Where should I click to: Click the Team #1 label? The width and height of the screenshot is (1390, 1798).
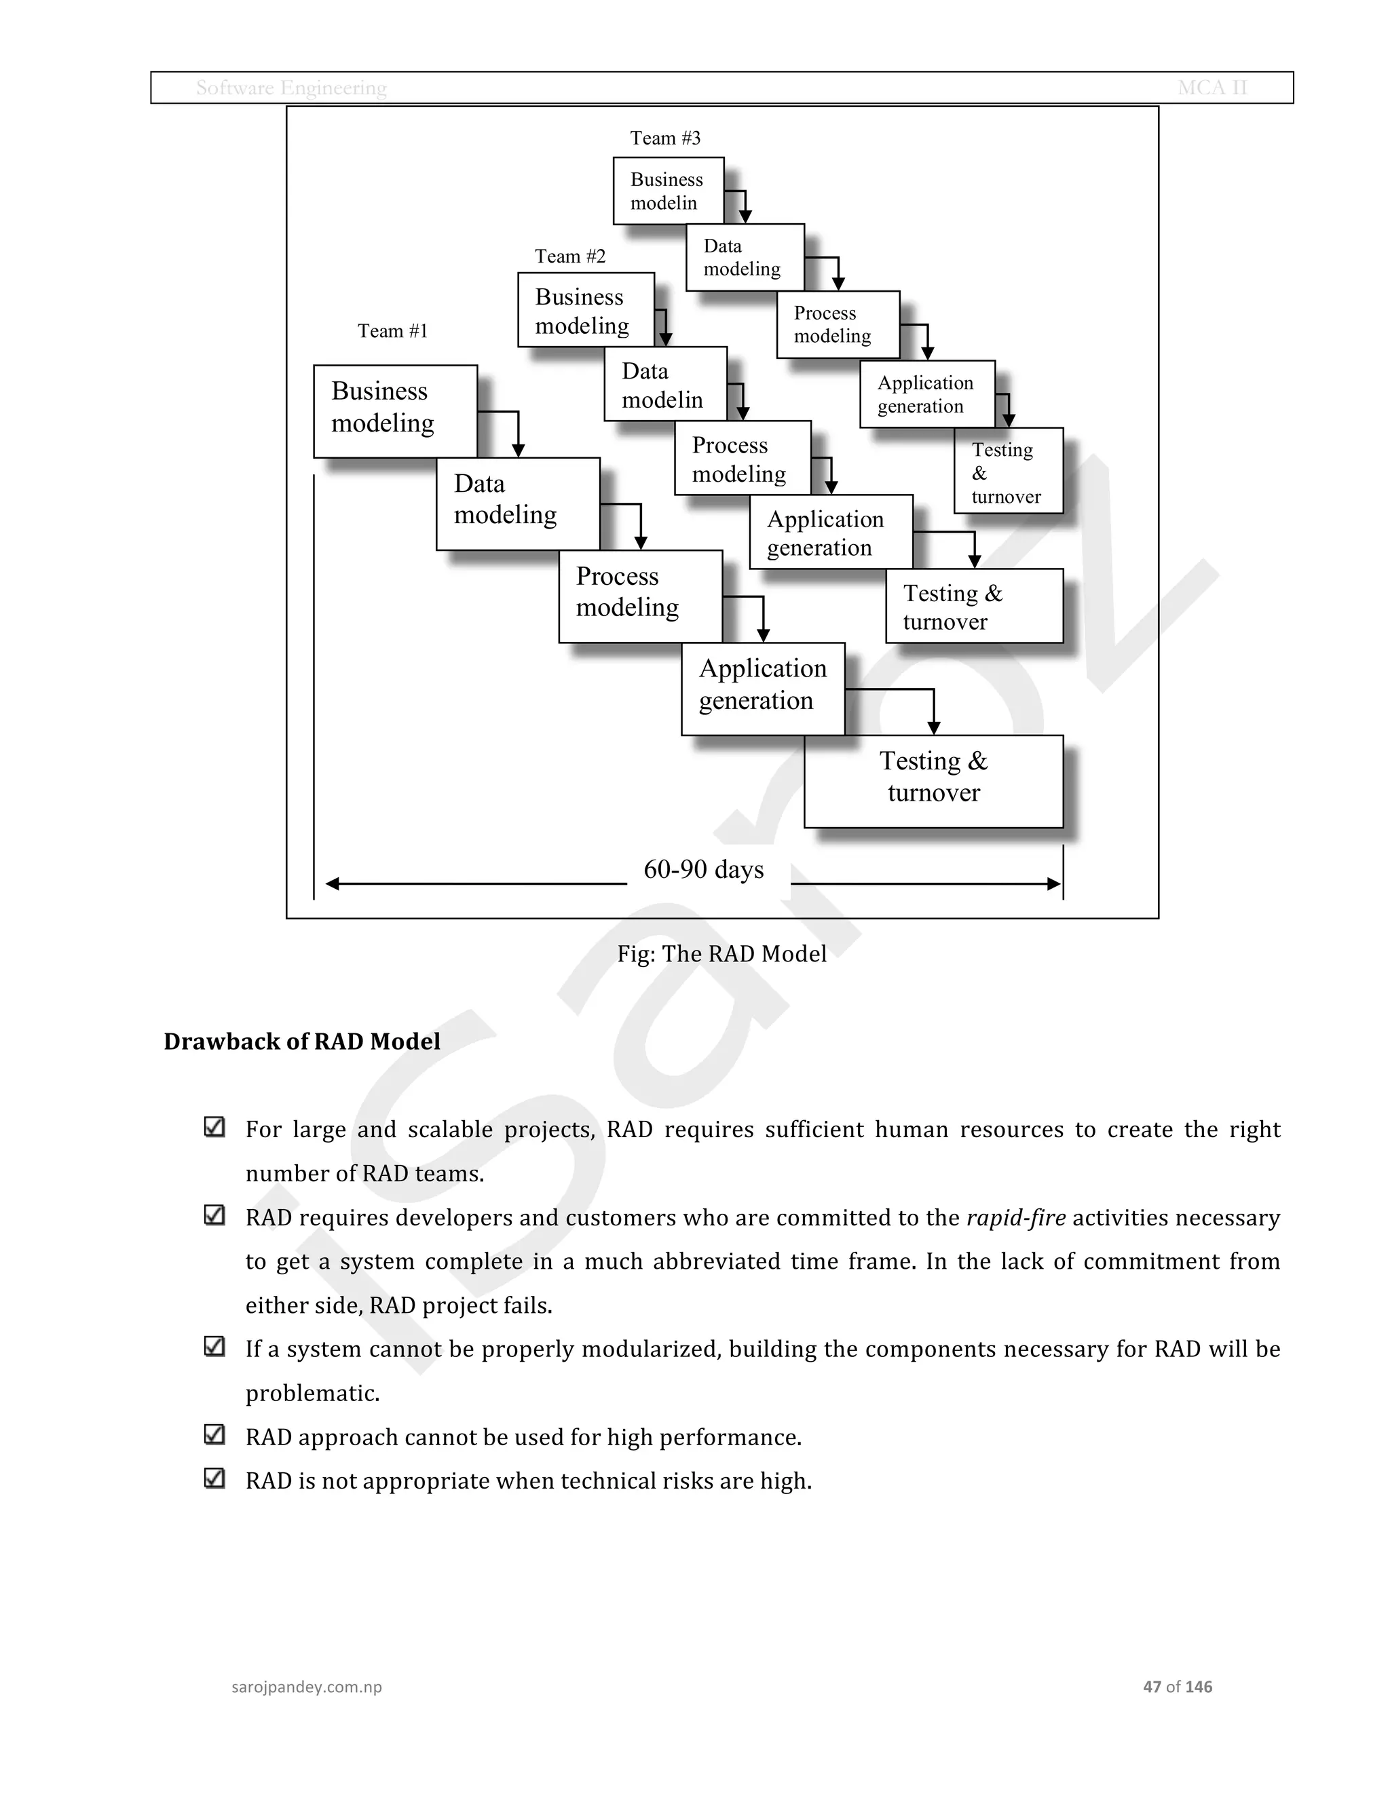393,331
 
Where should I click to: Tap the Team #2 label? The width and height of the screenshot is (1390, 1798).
570,256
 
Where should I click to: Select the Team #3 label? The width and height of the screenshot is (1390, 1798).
665,138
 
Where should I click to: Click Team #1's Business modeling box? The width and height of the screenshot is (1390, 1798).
395,410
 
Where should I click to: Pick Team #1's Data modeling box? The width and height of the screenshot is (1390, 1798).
517,503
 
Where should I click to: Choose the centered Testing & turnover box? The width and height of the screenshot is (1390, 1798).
933,780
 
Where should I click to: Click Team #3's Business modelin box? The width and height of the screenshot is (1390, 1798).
668,191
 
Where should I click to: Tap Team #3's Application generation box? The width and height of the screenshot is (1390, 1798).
926,394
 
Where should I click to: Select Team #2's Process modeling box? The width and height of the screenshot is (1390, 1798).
742,459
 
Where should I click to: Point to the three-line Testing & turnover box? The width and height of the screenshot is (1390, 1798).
1008,472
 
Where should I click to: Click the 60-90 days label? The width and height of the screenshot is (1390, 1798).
703,869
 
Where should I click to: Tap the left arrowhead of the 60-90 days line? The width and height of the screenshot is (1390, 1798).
333,884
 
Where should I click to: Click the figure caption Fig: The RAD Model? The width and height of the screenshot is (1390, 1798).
721,953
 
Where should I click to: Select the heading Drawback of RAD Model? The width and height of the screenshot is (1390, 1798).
302,1041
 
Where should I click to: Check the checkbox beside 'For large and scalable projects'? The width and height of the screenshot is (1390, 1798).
214,1127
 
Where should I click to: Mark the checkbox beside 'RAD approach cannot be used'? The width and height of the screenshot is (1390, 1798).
214,1434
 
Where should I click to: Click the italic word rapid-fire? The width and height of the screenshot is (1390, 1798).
1015,1218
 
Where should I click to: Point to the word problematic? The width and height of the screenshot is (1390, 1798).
312,1393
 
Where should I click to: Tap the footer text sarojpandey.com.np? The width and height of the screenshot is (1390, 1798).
306,1686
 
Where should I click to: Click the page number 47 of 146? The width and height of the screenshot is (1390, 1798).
1177,1686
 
